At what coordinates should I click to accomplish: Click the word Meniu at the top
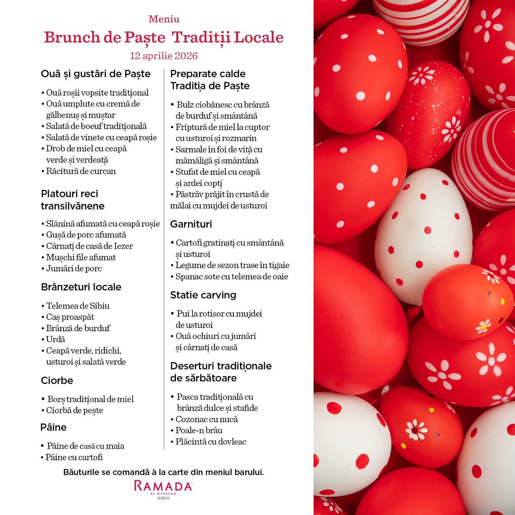[164, 19]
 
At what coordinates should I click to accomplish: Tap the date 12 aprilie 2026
[164, 56]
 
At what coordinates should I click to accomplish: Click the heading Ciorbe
[57, 380]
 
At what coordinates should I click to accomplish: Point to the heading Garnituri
[191, 224]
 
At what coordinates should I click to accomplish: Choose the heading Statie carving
[203, 295]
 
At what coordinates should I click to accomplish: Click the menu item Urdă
[55, 339]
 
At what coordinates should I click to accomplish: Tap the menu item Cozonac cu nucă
[206, 419]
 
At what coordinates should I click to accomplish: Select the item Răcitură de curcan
[80, 171]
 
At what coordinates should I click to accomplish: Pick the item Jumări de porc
[74, 268]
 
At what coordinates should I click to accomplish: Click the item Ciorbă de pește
[74, 410]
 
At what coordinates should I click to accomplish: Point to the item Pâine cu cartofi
[74, 457]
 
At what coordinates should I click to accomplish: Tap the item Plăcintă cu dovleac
[211, 442]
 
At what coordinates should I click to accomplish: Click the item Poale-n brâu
[199, 430]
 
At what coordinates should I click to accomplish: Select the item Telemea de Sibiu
[78, 305]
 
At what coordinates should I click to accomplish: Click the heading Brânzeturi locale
[81, 287]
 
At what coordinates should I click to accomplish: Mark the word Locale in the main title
[258, 37]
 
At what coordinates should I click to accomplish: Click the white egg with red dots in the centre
[423, 235]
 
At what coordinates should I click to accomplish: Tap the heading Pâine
[53, 427]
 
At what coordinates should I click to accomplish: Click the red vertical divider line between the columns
[164, 257]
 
